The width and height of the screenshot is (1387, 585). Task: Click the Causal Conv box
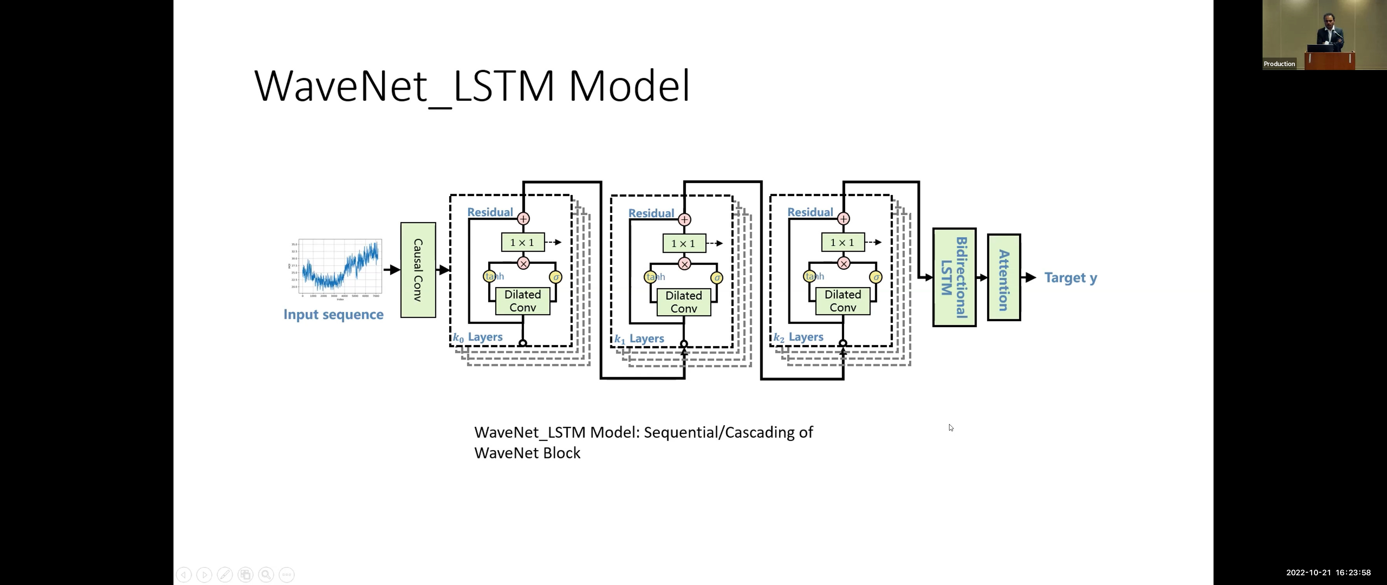[418, 270]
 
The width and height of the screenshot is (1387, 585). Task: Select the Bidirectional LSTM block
[954, 277]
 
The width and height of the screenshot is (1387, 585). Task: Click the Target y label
[1070, 278]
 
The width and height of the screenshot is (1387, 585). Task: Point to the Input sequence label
[333, 315]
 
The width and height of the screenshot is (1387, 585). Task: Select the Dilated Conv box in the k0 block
[522, 301]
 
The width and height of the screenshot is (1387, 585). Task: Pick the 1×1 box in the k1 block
[683, 243]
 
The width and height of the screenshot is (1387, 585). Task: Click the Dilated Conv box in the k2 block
[842, 301]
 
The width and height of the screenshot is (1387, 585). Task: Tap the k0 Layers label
[478, 338]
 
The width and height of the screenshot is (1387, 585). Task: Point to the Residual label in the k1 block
[651, 213]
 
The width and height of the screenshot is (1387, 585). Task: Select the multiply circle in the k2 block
[844, 263]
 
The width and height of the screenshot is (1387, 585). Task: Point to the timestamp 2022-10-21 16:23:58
[1328, 573]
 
